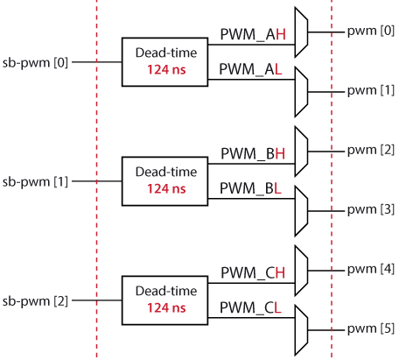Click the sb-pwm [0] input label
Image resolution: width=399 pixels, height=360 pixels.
click(35, 63)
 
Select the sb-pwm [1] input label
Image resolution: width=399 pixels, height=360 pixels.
click(35, 182)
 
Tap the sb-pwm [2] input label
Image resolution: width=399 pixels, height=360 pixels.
click(35, 301)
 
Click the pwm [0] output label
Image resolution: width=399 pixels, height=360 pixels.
click(371, 31)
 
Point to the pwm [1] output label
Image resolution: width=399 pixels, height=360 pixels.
click(371, 90)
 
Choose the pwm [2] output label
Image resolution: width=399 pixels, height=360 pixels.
click(371, 150)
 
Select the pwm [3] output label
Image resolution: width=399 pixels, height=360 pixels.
click(371, 209)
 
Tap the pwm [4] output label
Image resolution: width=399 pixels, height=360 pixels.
click(371, 269)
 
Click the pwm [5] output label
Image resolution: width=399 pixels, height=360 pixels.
click(371, 328)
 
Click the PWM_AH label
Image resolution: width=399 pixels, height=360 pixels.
click(253, 35)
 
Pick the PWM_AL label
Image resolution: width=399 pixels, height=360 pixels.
click(250, 70)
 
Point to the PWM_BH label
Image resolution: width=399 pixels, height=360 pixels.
click(253, 154)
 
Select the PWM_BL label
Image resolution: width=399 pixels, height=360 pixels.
click(250, 189)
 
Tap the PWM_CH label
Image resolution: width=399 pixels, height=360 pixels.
click(253, 273)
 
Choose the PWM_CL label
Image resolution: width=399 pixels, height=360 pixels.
click(250, 308)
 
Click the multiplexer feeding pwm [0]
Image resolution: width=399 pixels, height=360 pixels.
click(301, 32)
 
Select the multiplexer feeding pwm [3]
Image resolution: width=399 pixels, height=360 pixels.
click(301, 211)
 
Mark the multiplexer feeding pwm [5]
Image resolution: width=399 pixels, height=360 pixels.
click(301, 330)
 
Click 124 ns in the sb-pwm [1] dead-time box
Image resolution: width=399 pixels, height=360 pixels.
click(166, 189)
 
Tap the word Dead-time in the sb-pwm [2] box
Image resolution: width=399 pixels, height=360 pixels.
click(166, 291)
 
